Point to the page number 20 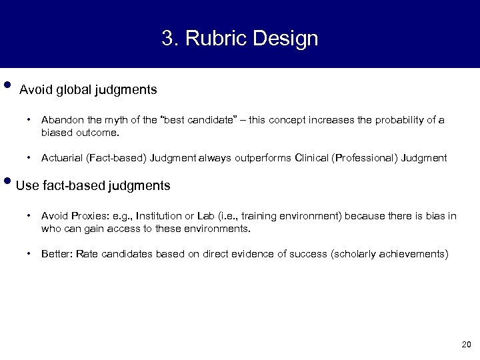(465, 345)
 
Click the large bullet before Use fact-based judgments (7, 182)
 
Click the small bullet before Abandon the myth (30, 120)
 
